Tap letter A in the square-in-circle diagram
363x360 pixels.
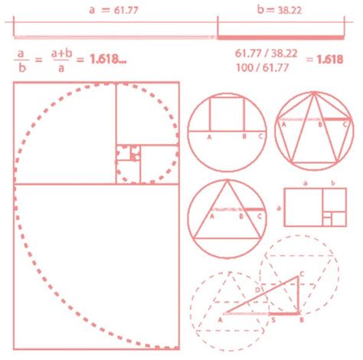[208, 137]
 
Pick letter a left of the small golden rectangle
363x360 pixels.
[278, 207]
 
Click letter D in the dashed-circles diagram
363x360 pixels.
[257, 292]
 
